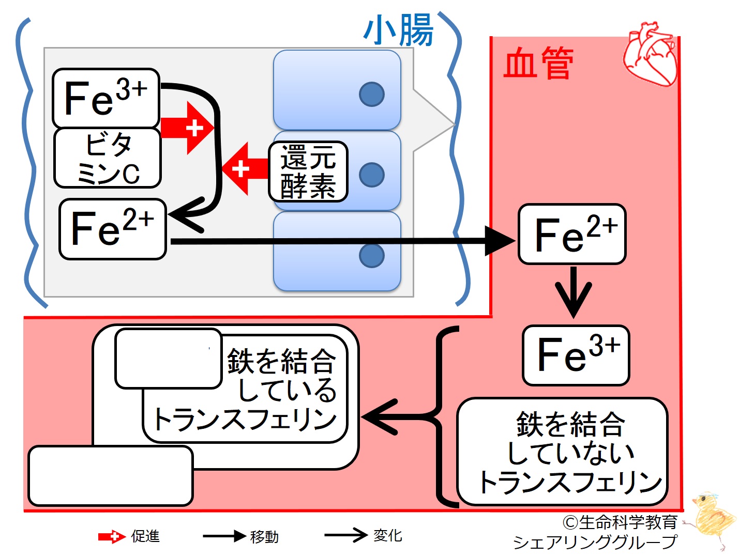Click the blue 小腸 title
pyautogui.click(x=398, y=30)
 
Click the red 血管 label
pyautogui.click(x=538, y=63)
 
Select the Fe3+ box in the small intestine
pyautogui.click(x=105, y=98)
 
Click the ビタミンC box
pyautogui.click(x=108, y=158)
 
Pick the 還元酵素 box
pyautogui.click(x=308, y=172)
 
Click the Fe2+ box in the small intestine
pyautogui.click(x=113, y=229)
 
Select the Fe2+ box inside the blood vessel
pyautogui.click(x=572, y=234)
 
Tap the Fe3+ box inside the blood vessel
pyautogui.click(x=576, y=355)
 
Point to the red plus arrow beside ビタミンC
pyautogui.click(x=187, y=128)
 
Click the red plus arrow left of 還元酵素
pyautogui.click(x=245, y=168)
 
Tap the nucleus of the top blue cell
pyautogui.click(x=372, y=94)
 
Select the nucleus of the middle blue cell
pyautogui.click(x=372, y=175)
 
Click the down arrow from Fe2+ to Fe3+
pyautogui.click(x=574, y=292)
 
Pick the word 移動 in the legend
pyautogui.click(x=264, y=537)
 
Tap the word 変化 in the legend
pyautogui.click(x=387, y=535)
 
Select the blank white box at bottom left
pyautogui.click(x=111, y=476)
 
